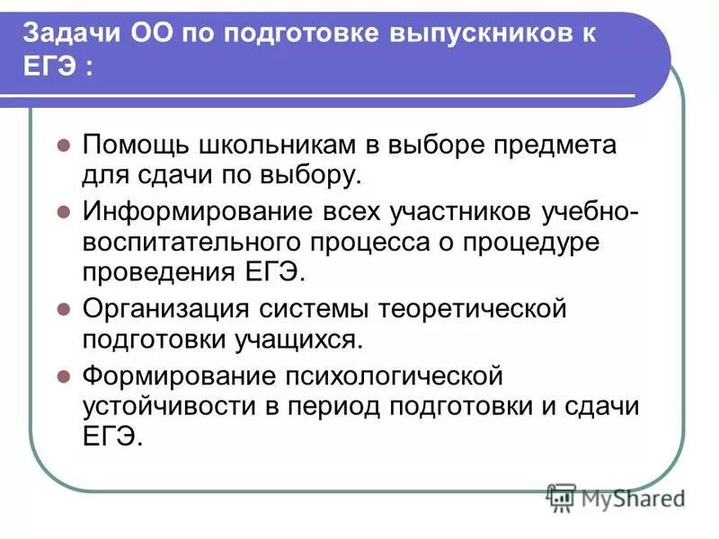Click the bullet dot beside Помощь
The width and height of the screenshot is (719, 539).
(63, 145)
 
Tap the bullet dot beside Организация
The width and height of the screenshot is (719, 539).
(63, 308)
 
